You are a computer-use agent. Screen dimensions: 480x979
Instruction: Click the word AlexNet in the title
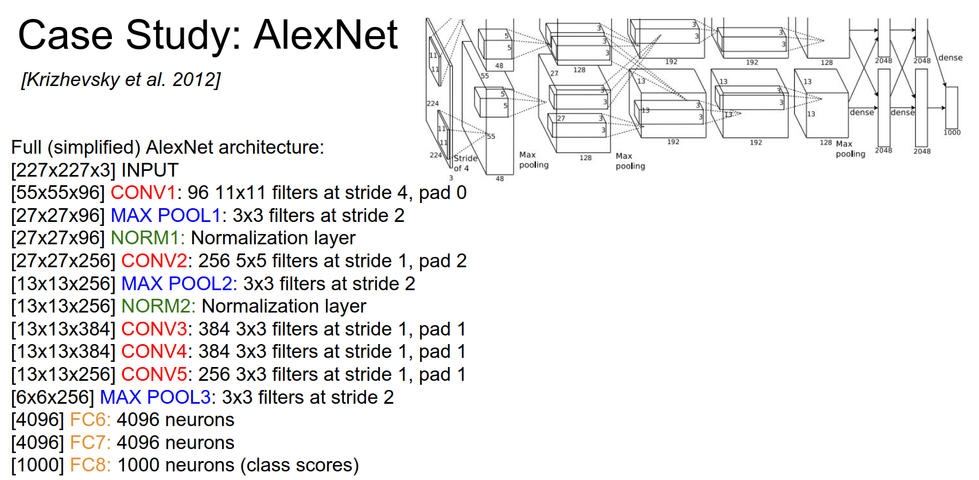(325, 35)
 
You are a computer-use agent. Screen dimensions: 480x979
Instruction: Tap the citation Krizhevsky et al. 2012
(121, 80)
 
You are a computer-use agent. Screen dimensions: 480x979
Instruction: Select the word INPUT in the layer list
(150, 170)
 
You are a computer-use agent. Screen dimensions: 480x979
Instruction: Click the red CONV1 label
(143, 193)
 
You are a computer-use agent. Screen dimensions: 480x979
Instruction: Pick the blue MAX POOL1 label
(165, 216)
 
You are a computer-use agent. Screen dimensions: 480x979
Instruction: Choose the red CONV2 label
(154, 261)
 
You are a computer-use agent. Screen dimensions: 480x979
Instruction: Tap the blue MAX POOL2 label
(178, 284)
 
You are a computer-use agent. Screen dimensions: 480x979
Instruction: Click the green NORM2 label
(158, 306)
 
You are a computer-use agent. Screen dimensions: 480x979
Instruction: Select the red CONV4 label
(154, 352)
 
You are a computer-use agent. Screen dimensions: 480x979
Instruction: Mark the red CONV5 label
(154, 374)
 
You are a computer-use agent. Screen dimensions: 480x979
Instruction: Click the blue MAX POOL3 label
(156, 397)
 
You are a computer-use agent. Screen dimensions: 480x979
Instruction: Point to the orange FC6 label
(90, 420)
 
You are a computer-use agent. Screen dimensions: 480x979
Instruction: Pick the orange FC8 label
(90, 465)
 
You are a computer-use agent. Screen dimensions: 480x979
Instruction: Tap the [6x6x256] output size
(52, 397)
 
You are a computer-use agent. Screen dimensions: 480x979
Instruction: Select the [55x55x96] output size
(58, 193)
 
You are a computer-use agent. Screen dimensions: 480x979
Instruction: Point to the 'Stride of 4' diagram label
(465, 163)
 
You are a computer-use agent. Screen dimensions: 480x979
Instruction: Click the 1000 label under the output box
(951, 132)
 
